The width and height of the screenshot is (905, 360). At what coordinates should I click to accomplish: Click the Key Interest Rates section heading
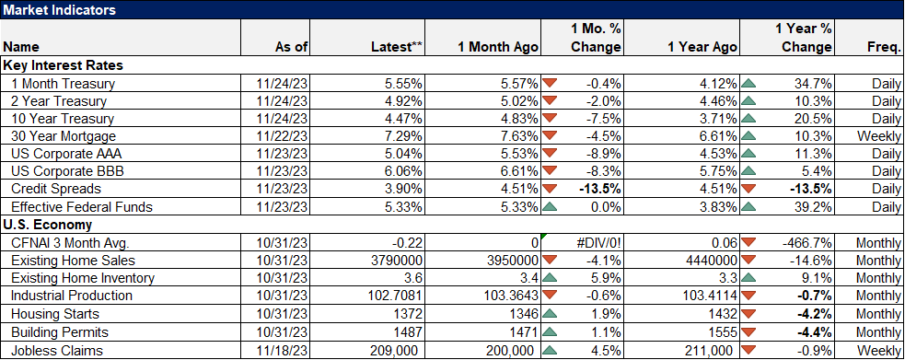click(x=63, y=66)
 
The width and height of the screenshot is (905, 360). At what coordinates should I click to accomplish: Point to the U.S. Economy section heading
click(x=48, y=224)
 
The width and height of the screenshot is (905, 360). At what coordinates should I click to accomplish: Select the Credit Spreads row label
click(x=52, y=189)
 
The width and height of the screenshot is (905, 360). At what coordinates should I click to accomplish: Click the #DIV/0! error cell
click(x=599, y=242)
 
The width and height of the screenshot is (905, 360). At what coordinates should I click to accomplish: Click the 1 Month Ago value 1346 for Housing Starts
click(x=516, y=314)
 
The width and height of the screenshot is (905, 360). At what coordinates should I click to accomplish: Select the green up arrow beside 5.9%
click(x=551, y=278)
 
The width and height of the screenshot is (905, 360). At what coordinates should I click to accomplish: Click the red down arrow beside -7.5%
click(x=551, y=118)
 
